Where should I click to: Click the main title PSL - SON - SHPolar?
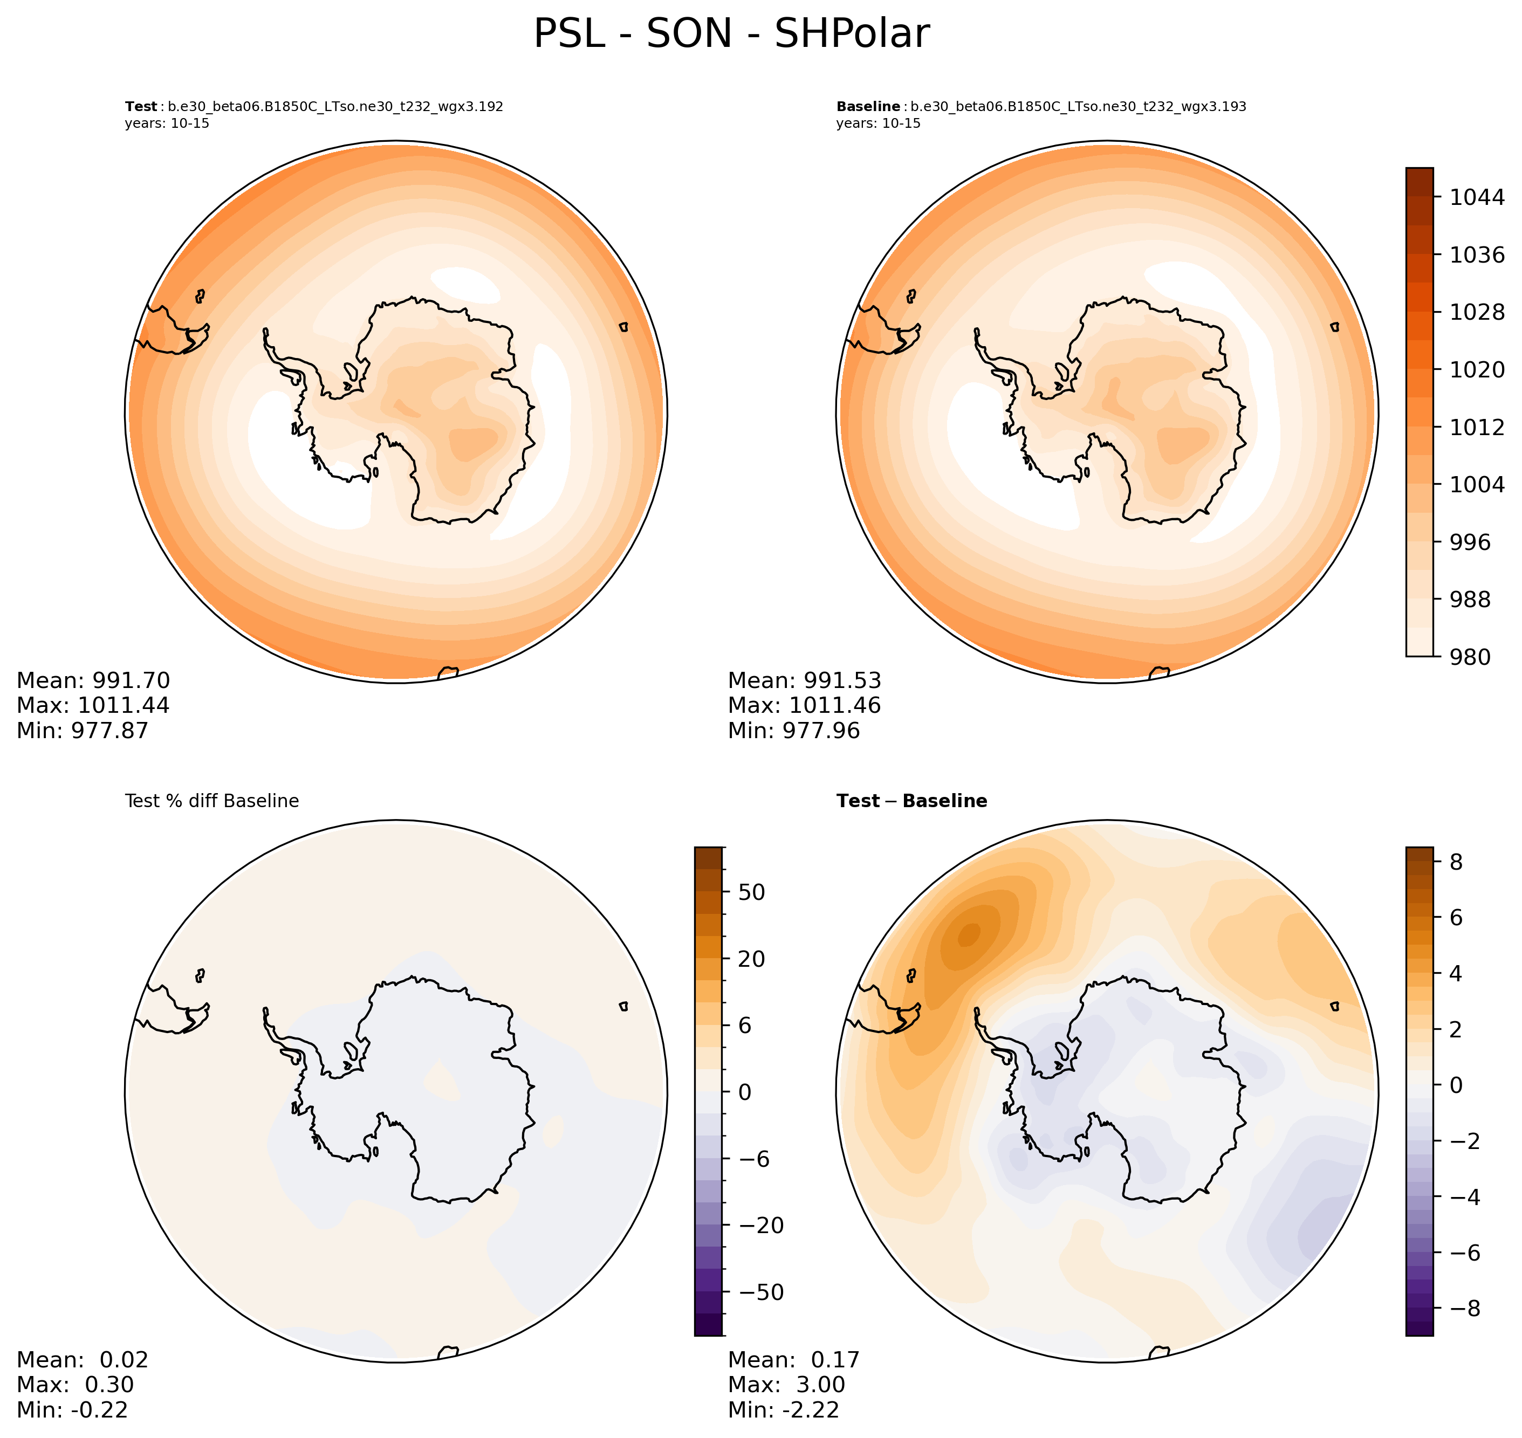tap(731, 35)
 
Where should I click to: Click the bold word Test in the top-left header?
tap(141, 107)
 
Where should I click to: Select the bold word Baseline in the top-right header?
tap(868, 107)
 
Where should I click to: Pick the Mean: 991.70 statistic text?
tap(93, 680)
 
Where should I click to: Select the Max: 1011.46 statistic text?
tap(804, 705)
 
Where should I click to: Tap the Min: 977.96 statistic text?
tap(793, 731)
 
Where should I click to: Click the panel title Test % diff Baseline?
tap(211, 801)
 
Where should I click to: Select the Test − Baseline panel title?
tap(911, 801)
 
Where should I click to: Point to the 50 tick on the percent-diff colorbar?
tap(751, 892)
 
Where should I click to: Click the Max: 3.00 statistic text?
tap(787, 1384)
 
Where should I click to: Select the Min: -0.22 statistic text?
tap(73, 1409)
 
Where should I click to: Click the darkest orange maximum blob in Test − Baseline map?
tap(969, 934)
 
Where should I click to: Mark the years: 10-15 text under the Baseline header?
tap(878, 123)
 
